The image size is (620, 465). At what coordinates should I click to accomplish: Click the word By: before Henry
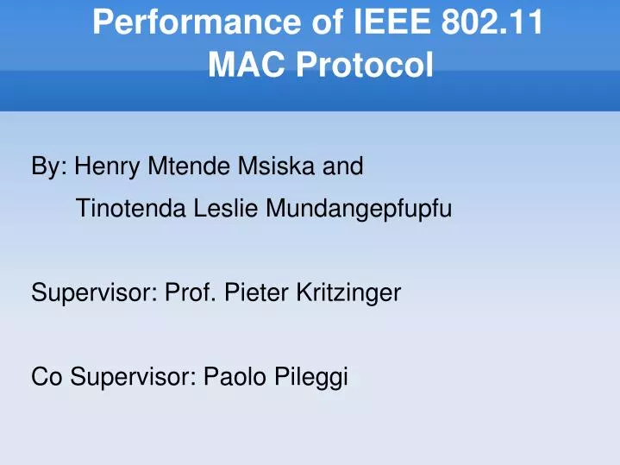[x=50, y=166]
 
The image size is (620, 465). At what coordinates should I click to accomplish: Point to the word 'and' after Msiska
[x=342, y=166]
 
